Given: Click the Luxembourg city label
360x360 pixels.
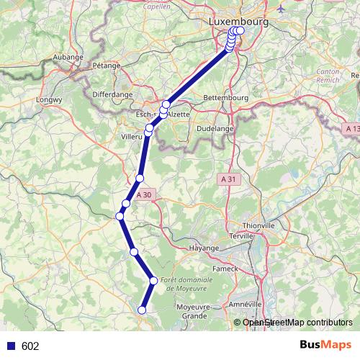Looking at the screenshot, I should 238,22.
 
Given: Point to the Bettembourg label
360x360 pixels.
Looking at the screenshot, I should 226,97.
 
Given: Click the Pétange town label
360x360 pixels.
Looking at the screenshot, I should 106,65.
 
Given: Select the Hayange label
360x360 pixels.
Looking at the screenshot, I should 204,248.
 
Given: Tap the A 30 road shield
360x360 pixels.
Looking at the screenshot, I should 144,194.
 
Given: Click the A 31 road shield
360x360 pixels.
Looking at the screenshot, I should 228,179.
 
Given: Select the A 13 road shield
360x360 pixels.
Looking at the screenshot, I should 351,127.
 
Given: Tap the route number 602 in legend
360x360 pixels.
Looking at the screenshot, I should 30,346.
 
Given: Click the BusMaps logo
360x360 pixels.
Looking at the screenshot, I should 325,345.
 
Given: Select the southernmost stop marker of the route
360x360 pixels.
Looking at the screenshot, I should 142,310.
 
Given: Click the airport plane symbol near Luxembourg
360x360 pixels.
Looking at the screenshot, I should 280,11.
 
